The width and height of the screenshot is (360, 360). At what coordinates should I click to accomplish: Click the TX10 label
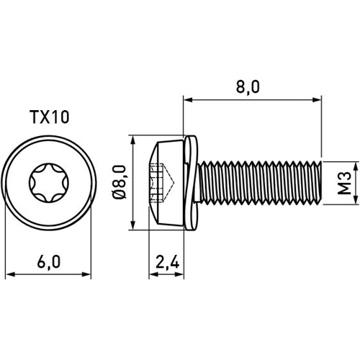(49, 117)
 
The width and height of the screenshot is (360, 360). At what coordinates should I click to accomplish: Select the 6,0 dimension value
(49, 263)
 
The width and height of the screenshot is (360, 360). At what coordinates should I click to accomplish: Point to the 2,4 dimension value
(168, 263)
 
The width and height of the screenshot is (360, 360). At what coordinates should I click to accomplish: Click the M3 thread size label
(344, 183)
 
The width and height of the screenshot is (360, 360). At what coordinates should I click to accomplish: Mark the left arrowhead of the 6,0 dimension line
(9, 274)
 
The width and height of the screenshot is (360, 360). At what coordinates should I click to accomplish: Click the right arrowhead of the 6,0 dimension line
(89, 274)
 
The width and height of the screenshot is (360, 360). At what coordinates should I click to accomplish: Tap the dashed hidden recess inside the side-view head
(159, 183)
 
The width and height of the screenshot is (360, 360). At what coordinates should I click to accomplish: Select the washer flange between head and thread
(190, 183)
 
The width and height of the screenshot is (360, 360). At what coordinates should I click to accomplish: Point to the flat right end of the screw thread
(316, 183)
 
